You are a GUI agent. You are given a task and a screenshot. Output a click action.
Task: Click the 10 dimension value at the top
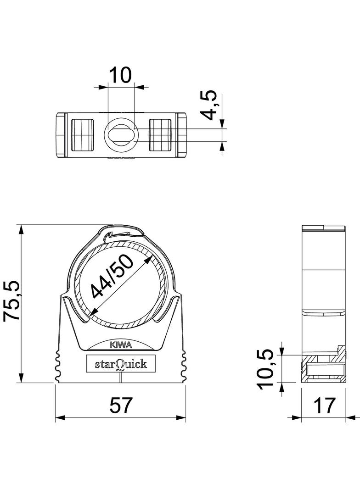pyautogui.click(x=120, y=75)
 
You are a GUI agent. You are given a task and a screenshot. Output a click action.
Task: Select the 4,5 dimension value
pyautogui.click(x=209, y=105)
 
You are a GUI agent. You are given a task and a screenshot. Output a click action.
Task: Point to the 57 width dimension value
pyautogui.click(x=121, y=405)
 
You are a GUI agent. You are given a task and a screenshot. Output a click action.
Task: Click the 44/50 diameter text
pyautogui.click(x=112, y=277)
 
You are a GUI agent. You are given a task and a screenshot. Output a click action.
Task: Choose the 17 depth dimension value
pyautogui.click(x=324, y=405)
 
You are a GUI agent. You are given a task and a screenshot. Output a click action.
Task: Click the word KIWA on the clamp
pyautogui.click(x=121, y=345)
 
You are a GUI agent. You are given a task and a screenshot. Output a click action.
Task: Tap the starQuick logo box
pyautogui.click(x=120, y=363)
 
